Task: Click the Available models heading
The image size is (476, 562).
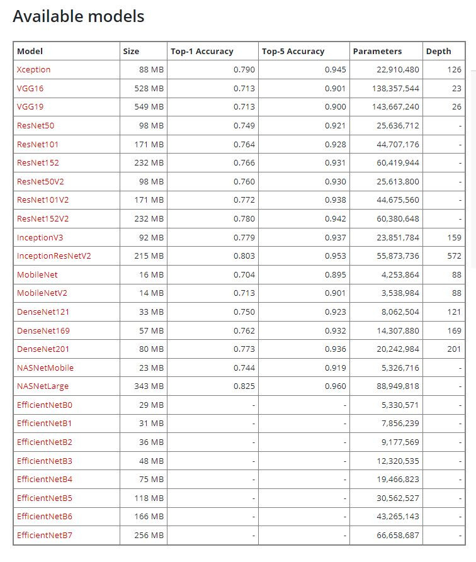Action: coord(79,16)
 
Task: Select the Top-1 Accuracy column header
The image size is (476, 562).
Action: coord(201,51)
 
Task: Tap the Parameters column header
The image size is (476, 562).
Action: coord(377,51)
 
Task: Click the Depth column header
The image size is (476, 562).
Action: coord(438,51)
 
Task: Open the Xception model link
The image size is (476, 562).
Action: coord(33,70)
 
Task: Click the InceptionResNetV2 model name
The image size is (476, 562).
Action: coord(54,256)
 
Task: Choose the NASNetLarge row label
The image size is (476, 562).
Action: coord(43,386)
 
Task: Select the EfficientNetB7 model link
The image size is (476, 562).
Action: coord(45,536)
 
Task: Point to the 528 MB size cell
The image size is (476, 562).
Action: coord(149,89)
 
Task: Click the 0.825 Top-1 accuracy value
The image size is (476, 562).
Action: coord(244,386)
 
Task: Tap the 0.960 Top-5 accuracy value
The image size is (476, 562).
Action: coord(336,386)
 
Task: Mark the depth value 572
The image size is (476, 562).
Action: coord(454,256)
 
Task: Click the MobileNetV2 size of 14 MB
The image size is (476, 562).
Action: coord(152,293)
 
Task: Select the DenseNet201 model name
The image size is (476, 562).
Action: coord(43,349)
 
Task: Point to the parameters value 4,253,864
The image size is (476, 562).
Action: coord(396,274)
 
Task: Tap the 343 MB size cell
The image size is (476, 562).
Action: coord(149,386)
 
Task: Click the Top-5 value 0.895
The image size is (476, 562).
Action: coord(336,274)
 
